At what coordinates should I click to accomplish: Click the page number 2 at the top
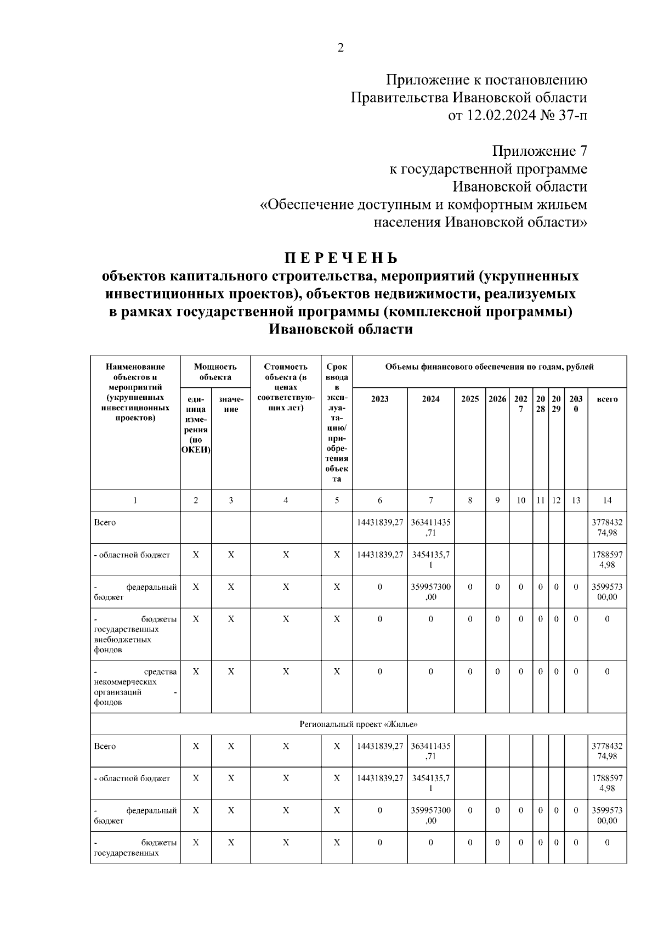tap(340, 48)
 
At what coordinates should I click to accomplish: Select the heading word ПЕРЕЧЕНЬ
tap(340, 258)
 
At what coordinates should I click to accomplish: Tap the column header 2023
tap(380, 399)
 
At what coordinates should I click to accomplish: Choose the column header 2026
tap(497, 399)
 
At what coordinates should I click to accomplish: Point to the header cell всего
tap(607, 399)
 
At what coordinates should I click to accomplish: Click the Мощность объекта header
tap(215, 372)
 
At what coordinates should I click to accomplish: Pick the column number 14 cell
tap(607, 500)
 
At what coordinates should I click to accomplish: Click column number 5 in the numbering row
tap(337, 500)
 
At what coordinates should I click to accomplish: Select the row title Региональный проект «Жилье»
tap(358, 724)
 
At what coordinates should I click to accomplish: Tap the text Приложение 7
tap(540, 151)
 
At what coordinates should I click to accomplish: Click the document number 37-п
tap(571, 116)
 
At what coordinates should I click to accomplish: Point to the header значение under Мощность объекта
tap(231, 404)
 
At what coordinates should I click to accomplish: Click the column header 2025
tap(470, 399)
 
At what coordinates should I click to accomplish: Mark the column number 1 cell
tap(135, 500)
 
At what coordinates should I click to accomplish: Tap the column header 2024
tap(430, 399)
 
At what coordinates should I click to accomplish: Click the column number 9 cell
tap(497, 500)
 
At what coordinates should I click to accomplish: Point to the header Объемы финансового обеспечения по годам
tap(489, 367)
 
